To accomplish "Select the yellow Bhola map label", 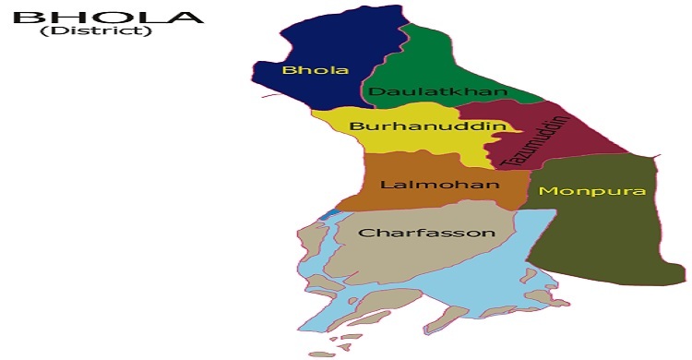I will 303,70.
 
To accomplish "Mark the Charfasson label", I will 426,233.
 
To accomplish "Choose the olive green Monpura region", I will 609,240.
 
